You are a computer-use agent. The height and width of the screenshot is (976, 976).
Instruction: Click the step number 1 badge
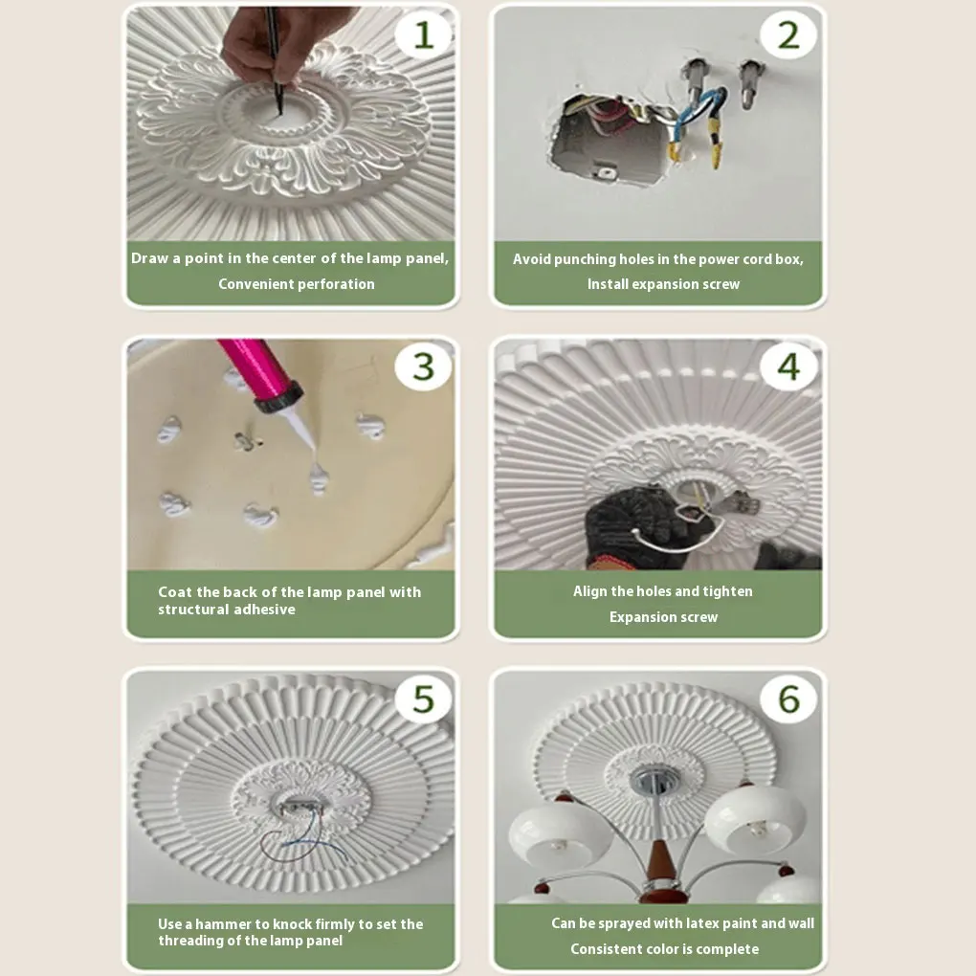coord(423,34)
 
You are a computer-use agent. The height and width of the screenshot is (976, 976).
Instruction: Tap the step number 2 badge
coord(788,34)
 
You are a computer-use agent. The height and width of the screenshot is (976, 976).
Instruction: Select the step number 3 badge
coord(423,366)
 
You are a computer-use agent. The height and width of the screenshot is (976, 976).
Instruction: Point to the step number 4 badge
coord(788,366)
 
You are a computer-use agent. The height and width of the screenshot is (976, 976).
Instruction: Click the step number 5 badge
coord(423,699)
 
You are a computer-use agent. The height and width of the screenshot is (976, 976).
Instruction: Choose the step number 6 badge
coord(788,699)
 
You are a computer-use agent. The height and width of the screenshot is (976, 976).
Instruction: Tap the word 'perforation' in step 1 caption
coord(336,284)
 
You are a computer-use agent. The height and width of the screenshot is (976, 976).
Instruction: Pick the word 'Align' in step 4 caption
coord(588,591)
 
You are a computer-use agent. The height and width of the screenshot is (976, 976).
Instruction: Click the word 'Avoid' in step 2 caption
coord(531,259)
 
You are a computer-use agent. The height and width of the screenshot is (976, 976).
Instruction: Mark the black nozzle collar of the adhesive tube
coord(278,398)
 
